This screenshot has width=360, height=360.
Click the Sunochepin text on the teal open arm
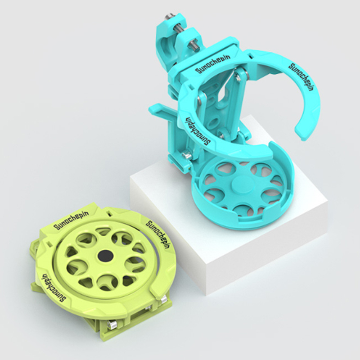pyautogui.click(x=301, y=76)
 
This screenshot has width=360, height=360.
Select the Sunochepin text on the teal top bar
pyautogui.click(x=212, y=64)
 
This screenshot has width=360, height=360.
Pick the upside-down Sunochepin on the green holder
pyautogui.click(x=53, y=288)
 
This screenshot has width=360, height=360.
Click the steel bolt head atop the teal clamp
pyautogui.click(x=168, y=16)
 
